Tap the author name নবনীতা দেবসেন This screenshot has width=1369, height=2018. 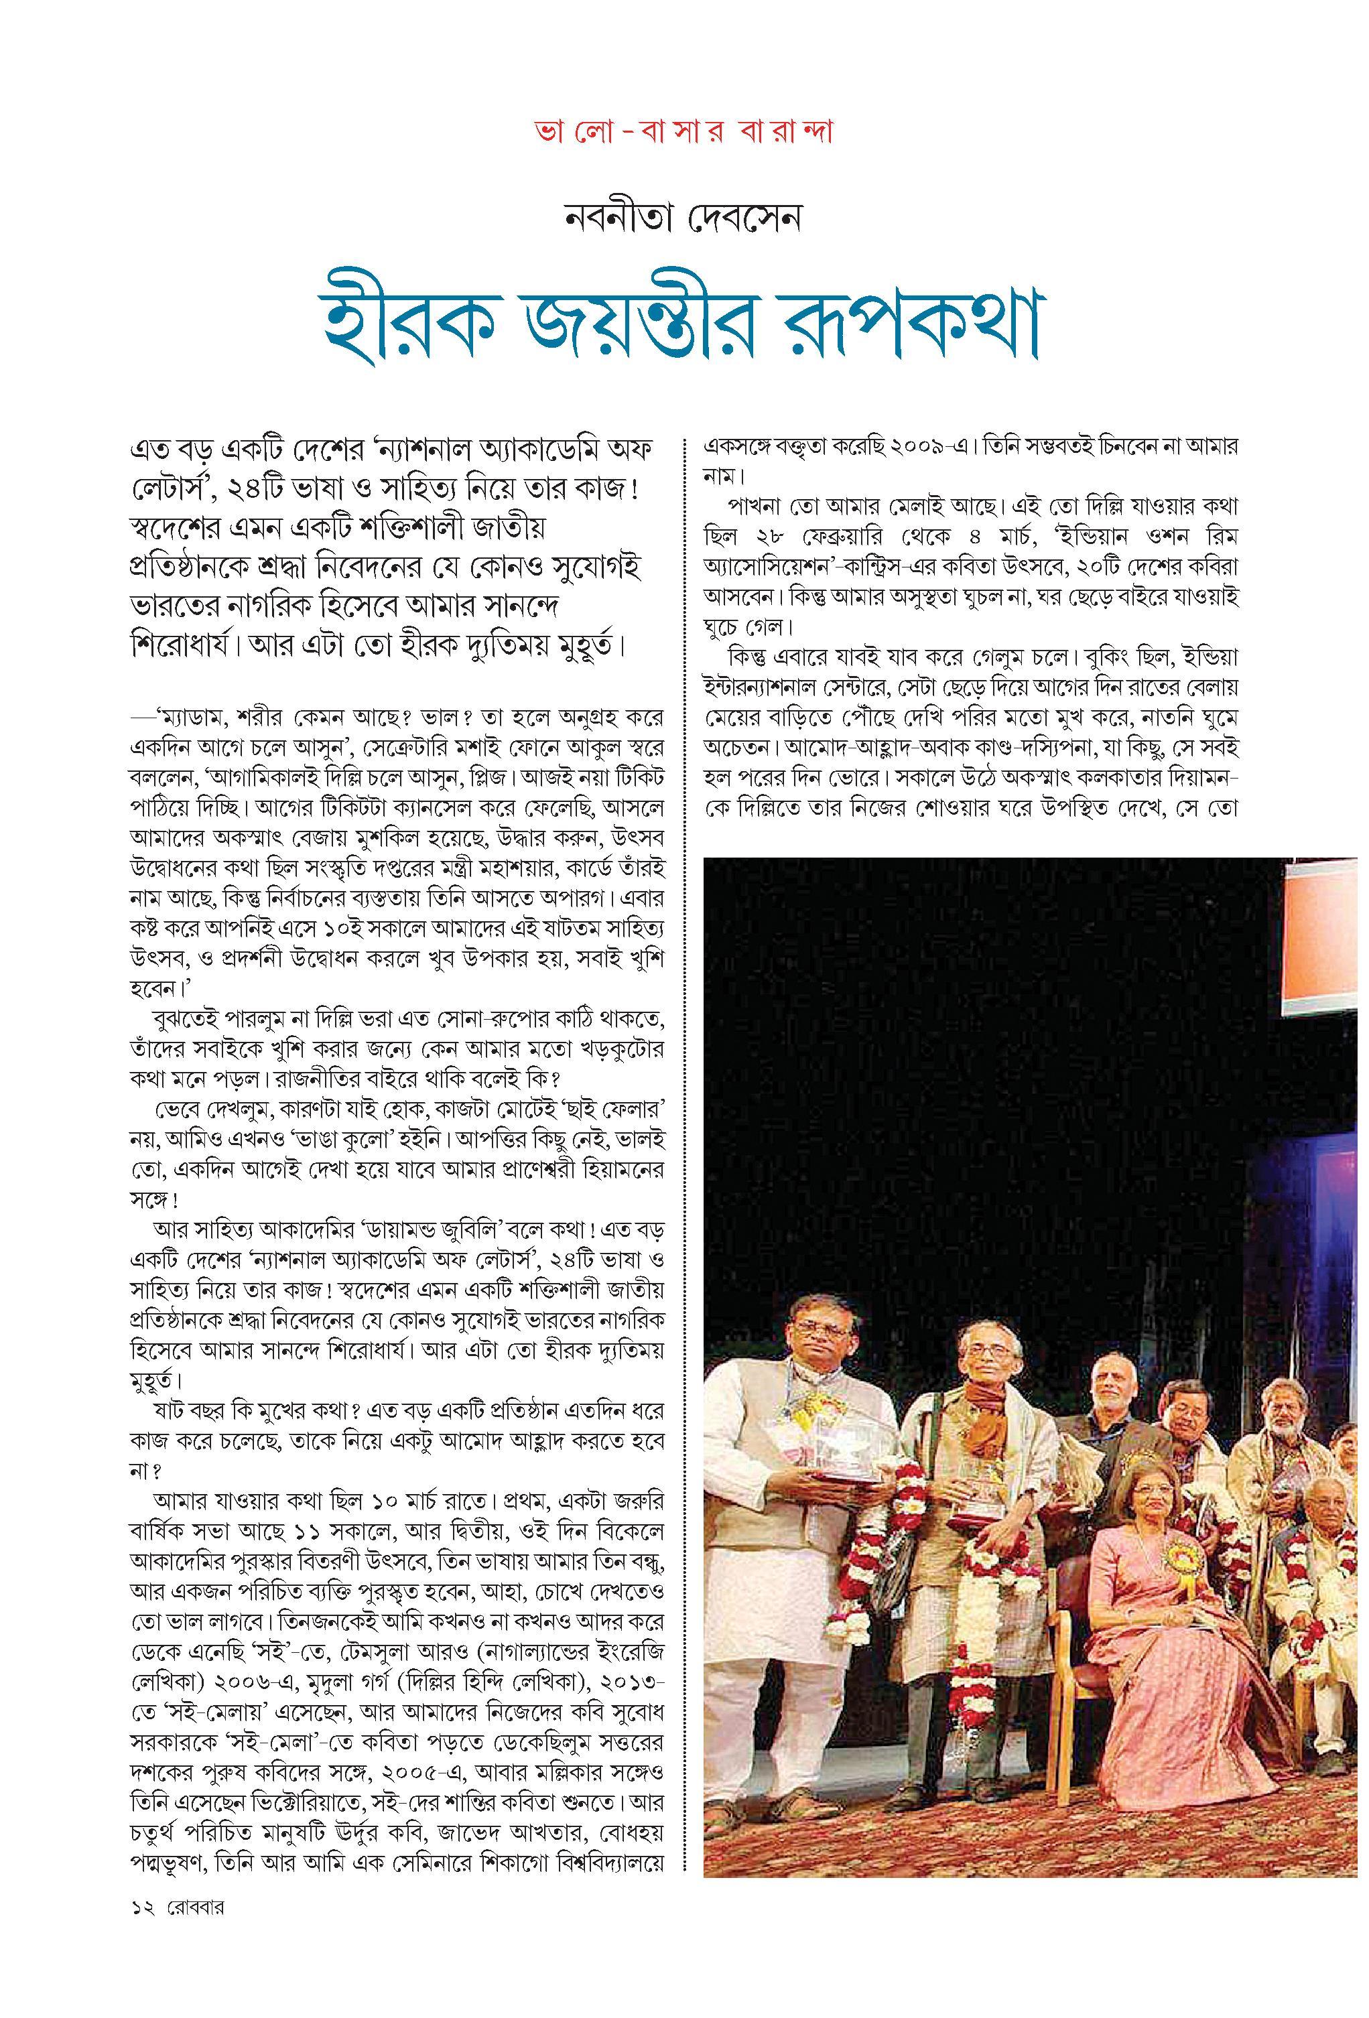pos(682,218)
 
